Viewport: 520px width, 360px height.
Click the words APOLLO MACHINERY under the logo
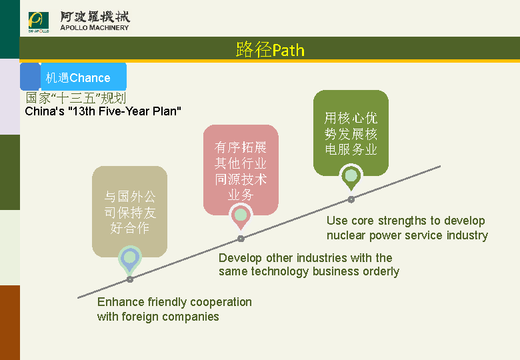click(95, 28)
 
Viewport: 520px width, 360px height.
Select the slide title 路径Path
click(270, 50)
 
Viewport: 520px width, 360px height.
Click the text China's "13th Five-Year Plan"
click(103, 111)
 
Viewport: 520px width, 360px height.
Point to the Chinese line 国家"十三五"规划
click(75, 98)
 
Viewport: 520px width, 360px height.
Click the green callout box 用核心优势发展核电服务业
click(351, 134)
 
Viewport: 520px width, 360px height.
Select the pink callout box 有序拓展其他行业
click(241, 171)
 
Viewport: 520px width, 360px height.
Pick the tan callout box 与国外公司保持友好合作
click(130, 213)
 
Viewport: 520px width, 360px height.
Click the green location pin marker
click(351, 177)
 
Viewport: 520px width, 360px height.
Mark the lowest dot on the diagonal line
click(130, 279)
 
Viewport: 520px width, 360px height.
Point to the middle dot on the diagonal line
click(241, 238)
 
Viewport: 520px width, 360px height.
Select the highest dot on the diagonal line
click(351, 199)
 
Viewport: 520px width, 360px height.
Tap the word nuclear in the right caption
click(346, 235)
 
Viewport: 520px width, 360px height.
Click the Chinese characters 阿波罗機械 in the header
click(95, 17)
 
